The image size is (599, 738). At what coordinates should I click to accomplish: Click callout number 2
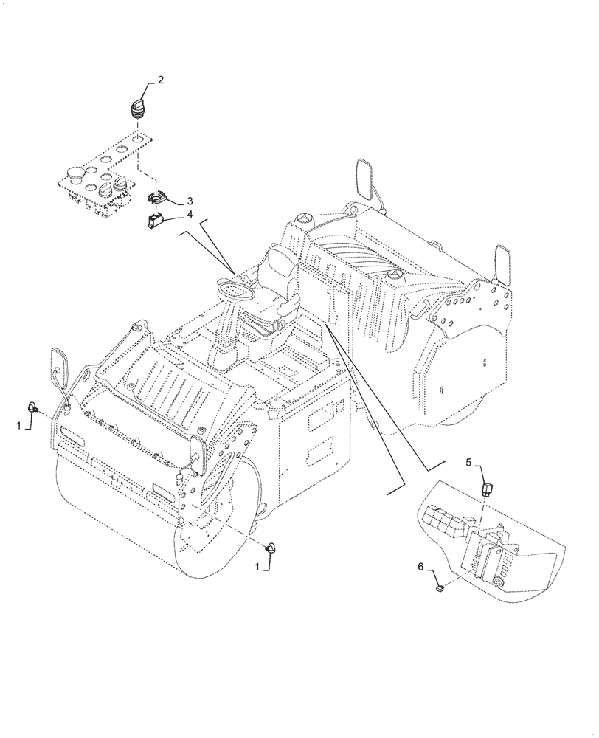[x=160, y=80]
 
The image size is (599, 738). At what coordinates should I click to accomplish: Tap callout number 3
[x=190, y=200]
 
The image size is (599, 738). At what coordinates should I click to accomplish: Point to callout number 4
[x=190, y=215]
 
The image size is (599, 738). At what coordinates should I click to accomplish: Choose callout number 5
[x=467, y=462]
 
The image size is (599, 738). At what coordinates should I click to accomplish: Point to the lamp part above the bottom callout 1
[x=272, y=547]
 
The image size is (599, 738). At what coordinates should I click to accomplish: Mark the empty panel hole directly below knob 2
[x=137, y=138]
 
